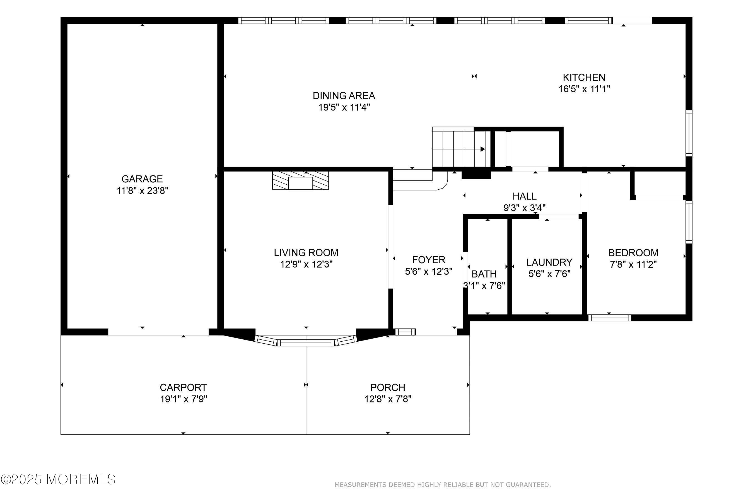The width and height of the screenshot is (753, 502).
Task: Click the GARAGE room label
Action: pyautogui.click(x=142, y=179)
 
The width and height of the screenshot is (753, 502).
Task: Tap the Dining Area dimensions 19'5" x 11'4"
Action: pyautogui.click(x=344, y=107)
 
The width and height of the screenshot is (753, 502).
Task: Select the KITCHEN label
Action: pyautogui.click(x=584, y=77)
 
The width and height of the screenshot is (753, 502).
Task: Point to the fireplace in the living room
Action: pyautogui.click(x=301, y=180)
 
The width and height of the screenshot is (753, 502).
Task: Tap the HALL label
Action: pyautogui.click(x=524, y=196)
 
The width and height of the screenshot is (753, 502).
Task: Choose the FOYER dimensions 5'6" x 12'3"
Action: pyautogui.click(x=428, y=271)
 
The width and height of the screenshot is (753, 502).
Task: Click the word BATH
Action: pyautogui.click(x=484, y=274)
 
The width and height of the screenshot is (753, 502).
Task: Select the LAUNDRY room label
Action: pyautogui.click(x=549, y=262)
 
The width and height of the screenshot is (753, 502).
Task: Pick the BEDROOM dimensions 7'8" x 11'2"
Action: pyautogui.click(x=633, y=264)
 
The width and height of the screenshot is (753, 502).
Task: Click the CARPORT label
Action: pyautogui.click(x=183, y=387)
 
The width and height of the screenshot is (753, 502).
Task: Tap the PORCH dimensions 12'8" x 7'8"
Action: pyautogui.click(x=388, y=399)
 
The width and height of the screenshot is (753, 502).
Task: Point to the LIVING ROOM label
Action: pyautogui.click(x=306, y=253)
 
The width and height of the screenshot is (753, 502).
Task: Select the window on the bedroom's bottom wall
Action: pyautogui.click(x=610, y=318)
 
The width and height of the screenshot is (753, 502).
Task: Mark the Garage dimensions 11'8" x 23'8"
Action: pyautogui.click(x=142, y=191)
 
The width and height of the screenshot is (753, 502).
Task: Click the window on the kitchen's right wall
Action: pyautogui.click(x=689, y=133)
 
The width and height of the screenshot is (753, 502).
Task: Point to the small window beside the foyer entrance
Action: pyautogui.click(x=405, y=332)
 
